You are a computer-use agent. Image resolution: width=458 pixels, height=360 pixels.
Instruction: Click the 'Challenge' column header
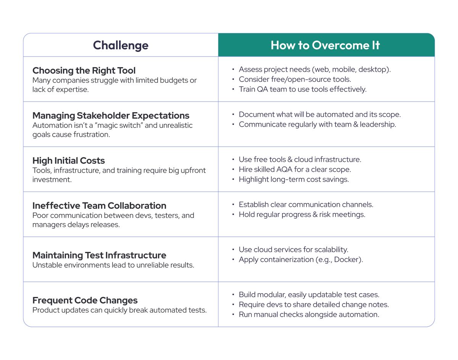pos(121,45)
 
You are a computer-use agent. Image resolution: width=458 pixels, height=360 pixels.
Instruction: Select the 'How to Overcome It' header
pos(325,45)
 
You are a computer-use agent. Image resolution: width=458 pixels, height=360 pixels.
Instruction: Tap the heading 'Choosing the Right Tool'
pos(84,71)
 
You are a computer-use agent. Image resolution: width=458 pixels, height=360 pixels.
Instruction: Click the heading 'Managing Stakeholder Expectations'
pos(111,116)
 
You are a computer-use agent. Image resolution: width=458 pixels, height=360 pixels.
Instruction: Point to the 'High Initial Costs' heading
pos(69,161)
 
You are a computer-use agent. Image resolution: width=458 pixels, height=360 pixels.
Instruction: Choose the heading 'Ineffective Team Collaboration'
pos(99,206)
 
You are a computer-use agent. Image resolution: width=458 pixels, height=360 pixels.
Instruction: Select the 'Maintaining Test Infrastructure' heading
pos(99,255)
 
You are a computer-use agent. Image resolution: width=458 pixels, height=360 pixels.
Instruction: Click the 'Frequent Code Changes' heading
pos(85,300)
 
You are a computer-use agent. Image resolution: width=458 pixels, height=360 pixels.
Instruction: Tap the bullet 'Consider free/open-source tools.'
pos(295,79)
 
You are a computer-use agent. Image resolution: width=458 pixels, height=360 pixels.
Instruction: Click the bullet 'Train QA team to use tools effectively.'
pos(302,89)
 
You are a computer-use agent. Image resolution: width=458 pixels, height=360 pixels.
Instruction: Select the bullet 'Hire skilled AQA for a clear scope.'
pos(295,170)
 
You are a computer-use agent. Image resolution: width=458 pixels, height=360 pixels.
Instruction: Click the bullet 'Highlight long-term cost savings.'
pos(294,179)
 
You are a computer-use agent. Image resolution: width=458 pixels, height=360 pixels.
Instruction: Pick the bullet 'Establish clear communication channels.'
pos(306,205)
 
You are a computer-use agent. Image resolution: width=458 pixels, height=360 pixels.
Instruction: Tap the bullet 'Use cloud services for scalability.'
pos(294,250)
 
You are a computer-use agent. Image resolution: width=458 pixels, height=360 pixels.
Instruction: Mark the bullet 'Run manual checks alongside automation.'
pos(309,315)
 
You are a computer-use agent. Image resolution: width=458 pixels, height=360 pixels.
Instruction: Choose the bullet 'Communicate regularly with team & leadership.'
pos(317,124)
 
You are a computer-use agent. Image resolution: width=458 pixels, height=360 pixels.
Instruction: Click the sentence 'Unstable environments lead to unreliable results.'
pos(113,265)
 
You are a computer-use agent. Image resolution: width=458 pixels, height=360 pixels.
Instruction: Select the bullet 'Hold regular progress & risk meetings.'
pos(302,215)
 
